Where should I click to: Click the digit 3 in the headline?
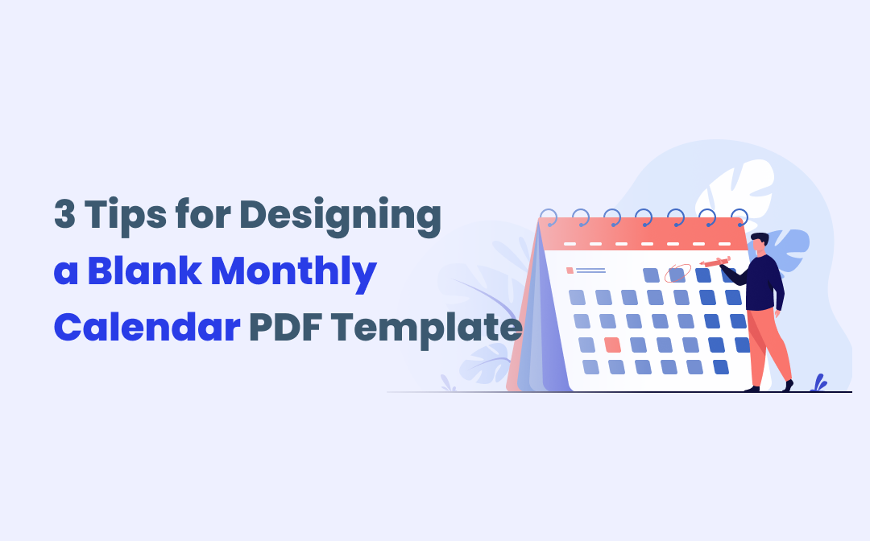(x=64, y=214)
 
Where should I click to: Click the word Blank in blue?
(x=144, y=270)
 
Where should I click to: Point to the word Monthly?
(x=294, y=274)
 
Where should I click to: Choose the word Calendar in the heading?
(x=147, y=327)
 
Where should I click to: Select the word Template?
(x=427, y=330)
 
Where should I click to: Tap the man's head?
(x=759, y=243)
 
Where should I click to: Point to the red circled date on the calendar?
(x=677, y=273)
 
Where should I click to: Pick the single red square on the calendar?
(x=612, y=345)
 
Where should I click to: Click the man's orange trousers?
(x=768, y=347)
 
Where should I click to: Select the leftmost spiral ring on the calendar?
(x=549, y=218)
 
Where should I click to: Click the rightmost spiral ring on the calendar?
(x=739, y=218)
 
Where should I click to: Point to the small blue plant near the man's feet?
(x=818, y=383)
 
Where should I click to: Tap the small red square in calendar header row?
(x=570, y=270)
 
